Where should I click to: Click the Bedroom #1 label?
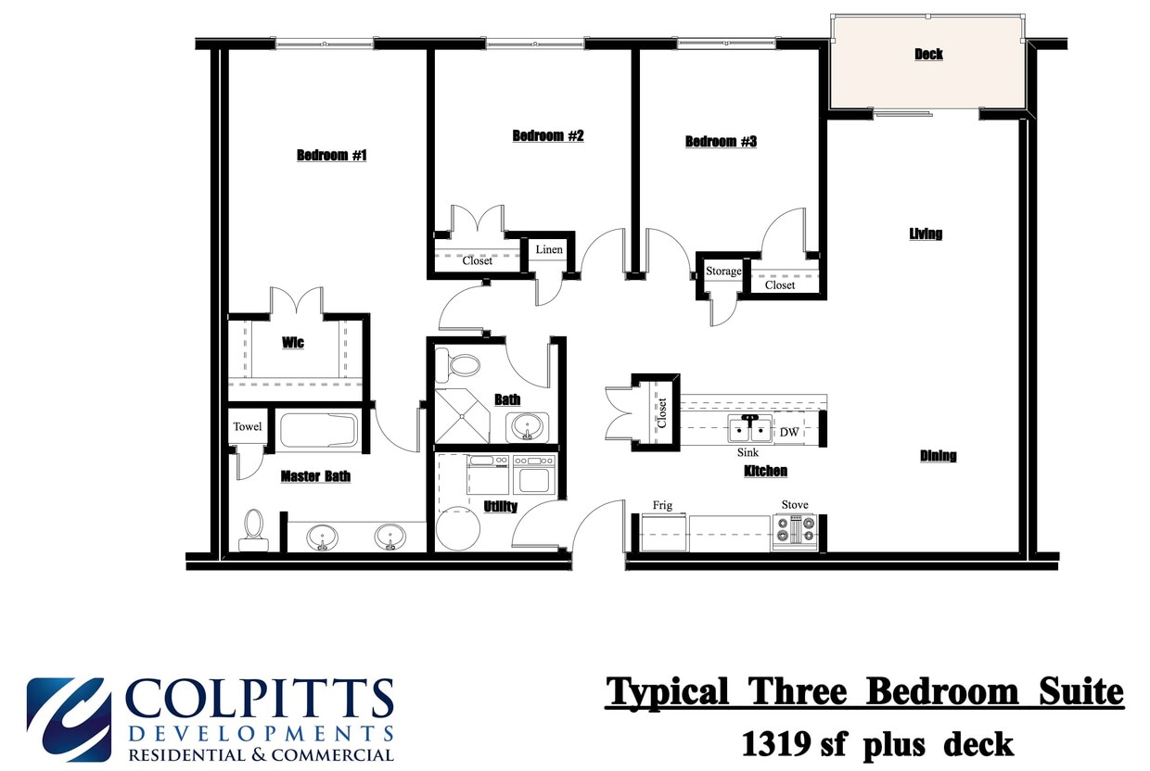331,155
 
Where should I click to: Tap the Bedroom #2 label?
548,136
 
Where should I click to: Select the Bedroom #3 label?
721,142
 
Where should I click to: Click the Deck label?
928,54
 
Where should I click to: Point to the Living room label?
926,234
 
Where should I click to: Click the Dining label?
938,456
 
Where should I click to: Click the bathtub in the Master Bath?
318,430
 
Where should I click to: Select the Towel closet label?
247,427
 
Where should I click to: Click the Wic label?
293,343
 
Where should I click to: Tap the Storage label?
723,272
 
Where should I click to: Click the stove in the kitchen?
795,532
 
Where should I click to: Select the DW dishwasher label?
788,433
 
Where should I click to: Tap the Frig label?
662,505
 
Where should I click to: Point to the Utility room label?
501,507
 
